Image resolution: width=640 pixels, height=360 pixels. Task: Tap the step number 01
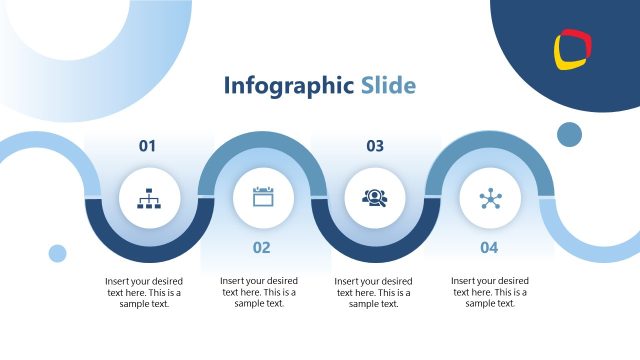tap(148, 146)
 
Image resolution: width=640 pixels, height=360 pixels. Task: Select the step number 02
tap(261, 247)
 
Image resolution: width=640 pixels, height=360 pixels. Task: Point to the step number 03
tap(375, 146)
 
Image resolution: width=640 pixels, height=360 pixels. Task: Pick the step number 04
tap(489, 247)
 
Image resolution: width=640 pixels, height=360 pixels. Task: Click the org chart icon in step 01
tap(148, 198)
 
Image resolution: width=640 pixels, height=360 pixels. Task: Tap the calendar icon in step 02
tap(262, 197)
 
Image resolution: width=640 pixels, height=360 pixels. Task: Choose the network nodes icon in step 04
tap(489, 198)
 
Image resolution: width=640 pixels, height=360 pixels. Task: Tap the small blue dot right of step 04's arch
tap(569, 134)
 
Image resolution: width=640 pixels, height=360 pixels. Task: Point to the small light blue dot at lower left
tap(57, 253)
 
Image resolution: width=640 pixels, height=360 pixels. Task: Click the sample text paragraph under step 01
tap(145, 292)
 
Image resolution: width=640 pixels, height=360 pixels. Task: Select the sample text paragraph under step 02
tap(259, 292)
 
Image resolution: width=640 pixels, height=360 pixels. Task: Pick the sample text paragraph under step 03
tap(373, 292)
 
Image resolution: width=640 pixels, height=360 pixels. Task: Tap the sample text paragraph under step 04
tap(489, 292)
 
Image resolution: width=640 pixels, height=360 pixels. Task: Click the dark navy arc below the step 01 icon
tap(148, 253)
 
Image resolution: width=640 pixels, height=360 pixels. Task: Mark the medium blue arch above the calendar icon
tap(262, 142)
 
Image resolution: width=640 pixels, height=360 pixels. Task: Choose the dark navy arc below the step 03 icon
tap(375, 253)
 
